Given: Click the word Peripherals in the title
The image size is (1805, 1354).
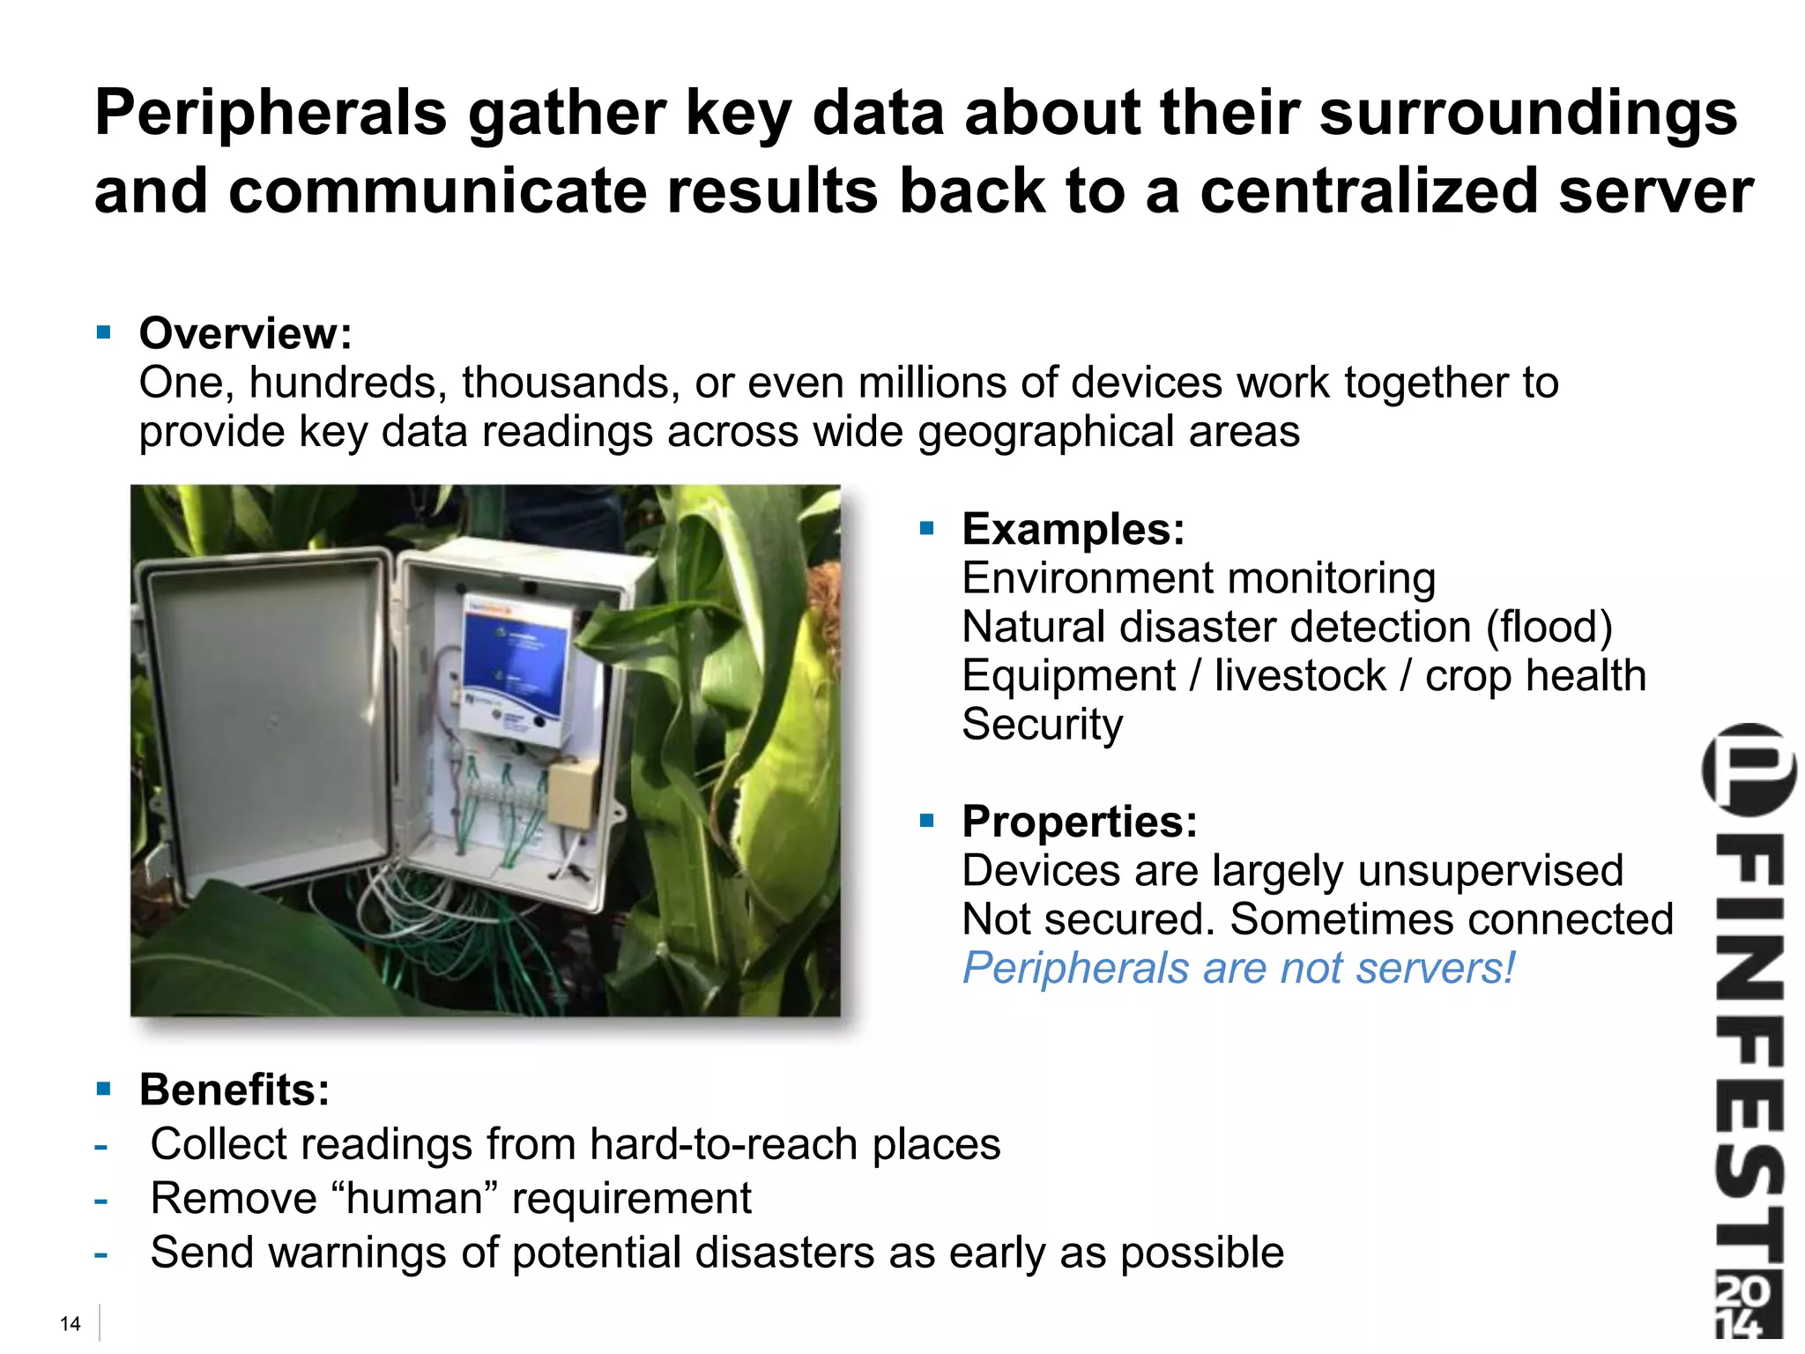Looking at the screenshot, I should [x=271, y=115].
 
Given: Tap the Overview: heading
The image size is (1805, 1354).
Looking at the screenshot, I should [x=245, y=333].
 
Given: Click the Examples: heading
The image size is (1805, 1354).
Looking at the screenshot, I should [x=1073, y=529].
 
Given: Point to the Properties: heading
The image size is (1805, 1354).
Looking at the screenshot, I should [x=1080, y=822].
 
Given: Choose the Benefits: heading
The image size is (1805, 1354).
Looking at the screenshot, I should [x=234, y=1090].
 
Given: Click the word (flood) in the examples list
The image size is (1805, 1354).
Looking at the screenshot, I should [x=1549, y=627].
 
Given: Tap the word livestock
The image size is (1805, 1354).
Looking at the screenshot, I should [x=1300, y=676].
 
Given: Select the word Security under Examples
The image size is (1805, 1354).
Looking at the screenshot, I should [x=1042, y=725].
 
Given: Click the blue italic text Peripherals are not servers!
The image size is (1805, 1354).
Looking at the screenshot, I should [x=1238, y=968].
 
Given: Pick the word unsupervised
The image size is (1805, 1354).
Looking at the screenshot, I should [x=1490, y=871].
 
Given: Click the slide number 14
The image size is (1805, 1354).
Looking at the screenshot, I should [x=70, y=1323].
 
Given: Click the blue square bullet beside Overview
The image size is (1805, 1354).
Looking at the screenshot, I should [x=104, y=332].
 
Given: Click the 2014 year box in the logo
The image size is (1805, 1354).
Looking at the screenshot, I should [x=1747, y=1306].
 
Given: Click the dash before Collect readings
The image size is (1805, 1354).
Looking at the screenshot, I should [x=101, y=1146].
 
